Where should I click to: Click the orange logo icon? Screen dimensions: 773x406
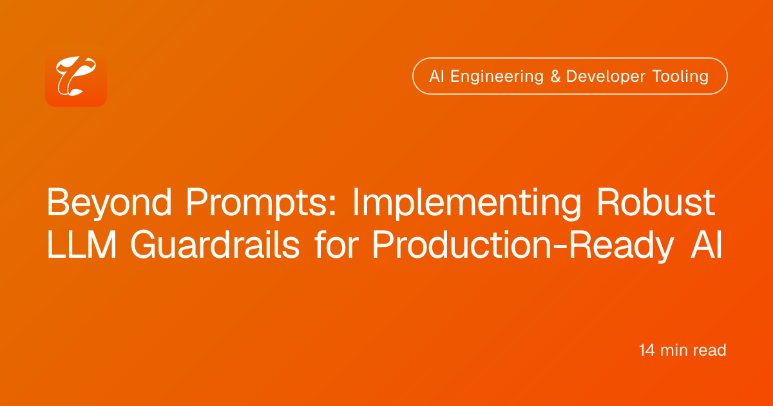click(76, 76)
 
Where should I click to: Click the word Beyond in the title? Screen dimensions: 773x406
click(110, 203)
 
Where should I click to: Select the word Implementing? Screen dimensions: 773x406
click(467, 203)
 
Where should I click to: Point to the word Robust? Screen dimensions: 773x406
click(656, 202)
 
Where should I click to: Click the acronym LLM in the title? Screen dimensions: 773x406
click(82, 245)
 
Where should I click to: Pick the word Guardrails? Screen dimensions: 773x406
click(215, 244)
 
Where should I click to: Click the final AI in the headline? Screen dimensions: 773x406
click(707, 245)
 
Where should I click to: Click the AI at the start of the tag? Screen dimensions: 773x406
click(437, 76)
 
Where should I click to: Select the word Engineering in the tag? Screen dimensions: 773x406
click(497, 77)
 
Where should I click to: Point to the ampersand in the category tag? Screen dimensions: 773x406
click(555, 76)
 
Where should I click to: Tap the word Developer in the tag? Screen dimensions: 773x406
click(606, 77)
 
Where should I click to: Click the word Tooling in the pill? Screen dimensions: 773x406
click(680, 77)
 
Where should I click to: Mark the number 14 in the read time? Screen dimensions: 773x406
click(647, 350)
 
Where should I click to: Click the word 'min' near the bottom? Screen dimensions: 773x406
click(674, 350)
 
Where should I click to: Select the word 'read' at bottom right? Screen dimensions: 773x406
click(710, 350)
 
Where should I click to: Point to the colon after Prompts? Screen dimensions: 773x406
click(332, 206)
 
